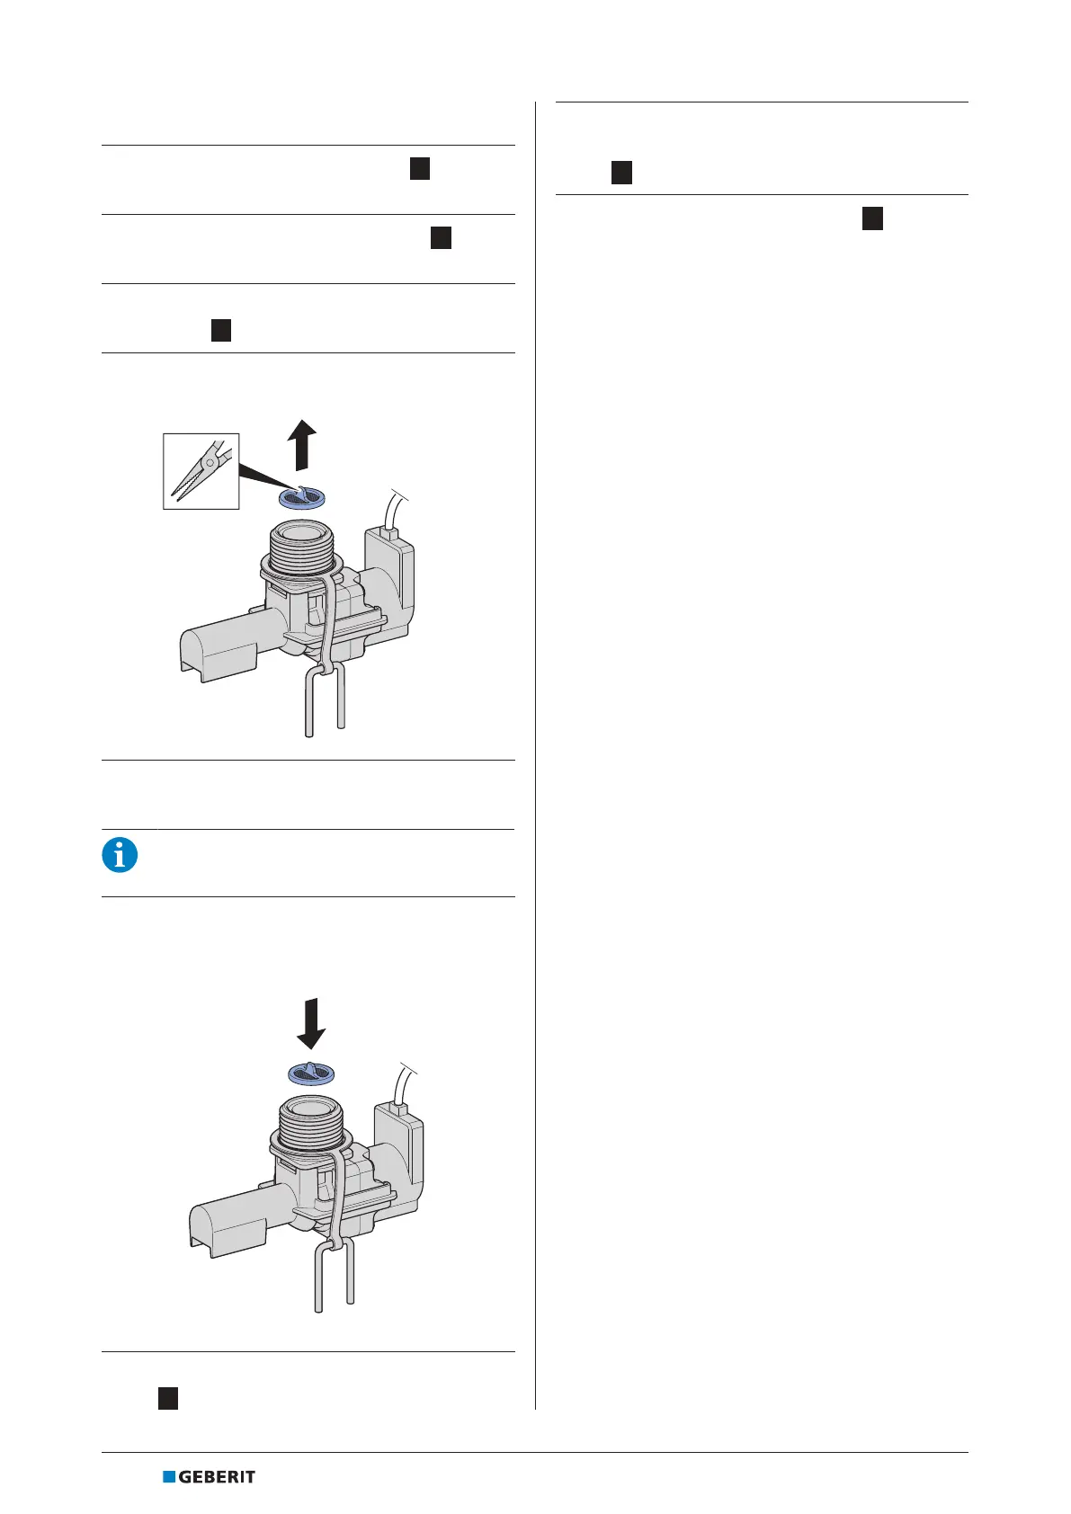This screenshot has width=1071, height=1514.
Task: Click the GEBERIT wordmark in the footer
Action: [217, 1476]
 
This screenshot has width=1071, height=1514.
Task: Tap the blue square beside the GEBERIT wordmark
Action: [169, 1476]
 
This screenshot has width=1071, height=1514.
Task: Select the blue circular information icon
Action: [120, 854]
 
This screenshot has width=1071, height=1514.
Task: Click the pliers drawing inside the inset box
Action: [201, 471]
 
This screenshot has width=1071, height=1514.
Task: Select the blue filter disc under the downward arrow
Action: [311, 1072]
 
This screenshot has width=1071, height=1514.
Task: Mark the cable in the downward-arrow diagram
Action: [403, 1084]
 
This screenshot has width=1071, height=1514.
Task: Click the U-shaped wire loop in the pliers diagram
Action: [325, 701]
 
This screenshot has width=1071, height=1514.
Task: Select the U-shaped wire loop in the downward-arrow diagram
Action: [334, 1277]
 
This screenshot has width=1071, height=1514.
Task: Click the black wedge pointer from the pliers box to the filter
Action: [261, 475]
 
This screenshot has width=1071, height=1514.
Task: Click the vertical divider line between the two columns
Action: [536, 755]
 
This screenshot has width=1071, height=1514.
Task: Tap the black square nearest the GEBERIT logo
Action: [168, 1399]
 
